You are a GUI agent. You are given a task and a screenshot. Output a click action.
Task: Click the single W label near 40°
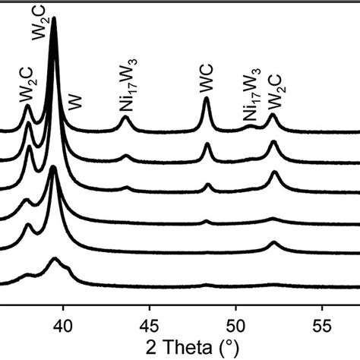74,104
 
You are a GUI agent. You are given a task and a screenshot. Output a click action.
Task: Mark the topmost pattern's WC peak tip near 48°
207,99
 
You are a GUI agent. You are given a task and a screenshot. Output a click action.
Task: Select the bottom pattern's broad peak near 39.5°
54,261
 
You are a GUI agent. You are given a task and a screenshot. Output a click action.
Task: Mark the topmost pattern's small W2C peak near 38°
28,107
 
